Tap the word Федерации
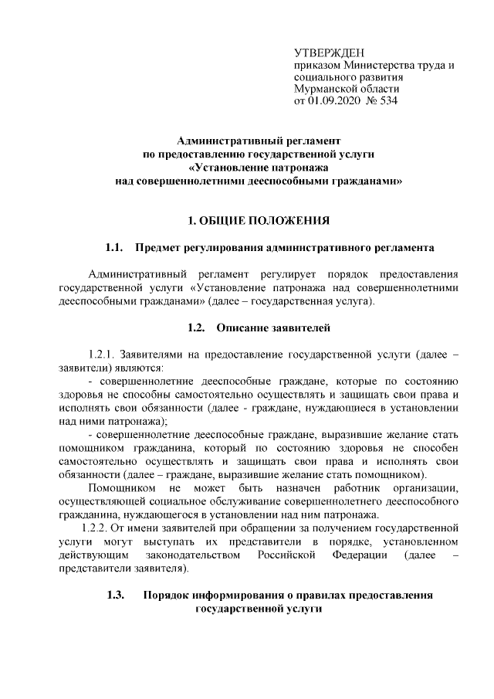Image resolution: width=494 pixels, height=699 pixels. point(360,555)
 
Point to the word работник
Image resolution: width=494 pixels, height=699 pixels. point(357,488)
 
